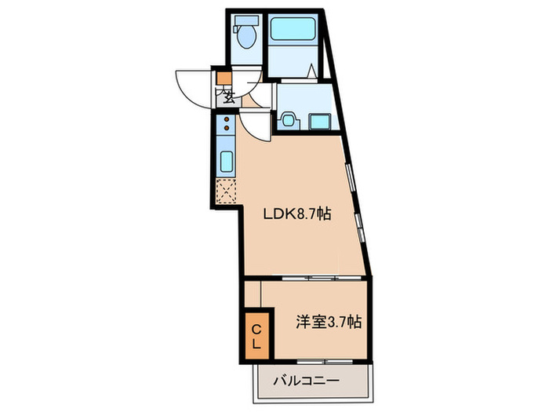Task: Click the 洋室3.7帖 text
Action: (329, 321)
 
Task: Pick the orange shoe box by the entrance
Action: (224, 78)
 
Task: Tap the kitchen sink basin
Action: (226, 162)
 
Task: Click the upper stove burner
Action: (225, 121)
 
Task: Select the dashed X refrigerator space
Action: (226, 191)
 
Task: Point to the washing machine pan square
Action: (320, 122)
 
